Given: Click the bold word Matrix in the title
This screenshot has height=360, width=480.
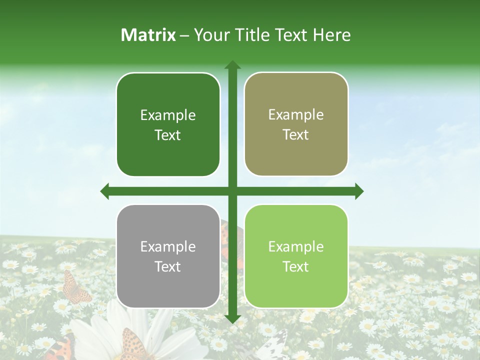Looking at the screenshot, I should pos(148,35).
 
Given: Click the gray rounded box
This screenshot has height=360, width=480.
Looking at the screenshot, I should pos(168,290).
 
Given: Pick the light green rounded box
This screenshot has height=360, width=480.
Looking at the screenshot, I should pos(296,290).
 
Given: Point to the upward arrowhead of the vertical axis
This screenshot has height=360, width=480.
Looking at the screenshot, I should pos(232,65).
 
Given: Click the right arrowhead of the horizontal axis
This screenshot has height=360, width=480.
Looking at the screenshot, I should pos(359,191).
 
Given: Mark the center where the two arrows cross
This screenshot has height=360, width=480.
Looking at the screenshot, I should pos(232,191).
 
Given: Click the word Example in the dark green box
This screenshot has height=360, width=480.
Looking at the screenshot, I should pos(168,115).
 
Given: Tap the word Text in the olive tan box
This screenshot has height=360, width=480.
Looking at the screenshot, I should pos(296,135).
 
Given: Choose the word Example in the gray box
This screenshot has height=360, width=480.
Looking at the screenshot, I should pos(168,247).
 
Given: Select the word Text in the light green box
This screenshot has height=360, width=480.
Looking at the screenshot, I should pos(296,266).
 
